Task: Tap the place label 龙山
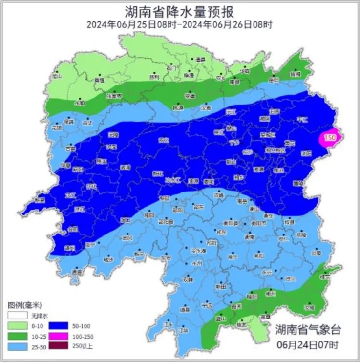tap(57, 76)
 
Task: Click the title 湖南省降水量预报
tap(179, 11)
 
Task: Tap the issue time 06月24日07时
tap(307, 345)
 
